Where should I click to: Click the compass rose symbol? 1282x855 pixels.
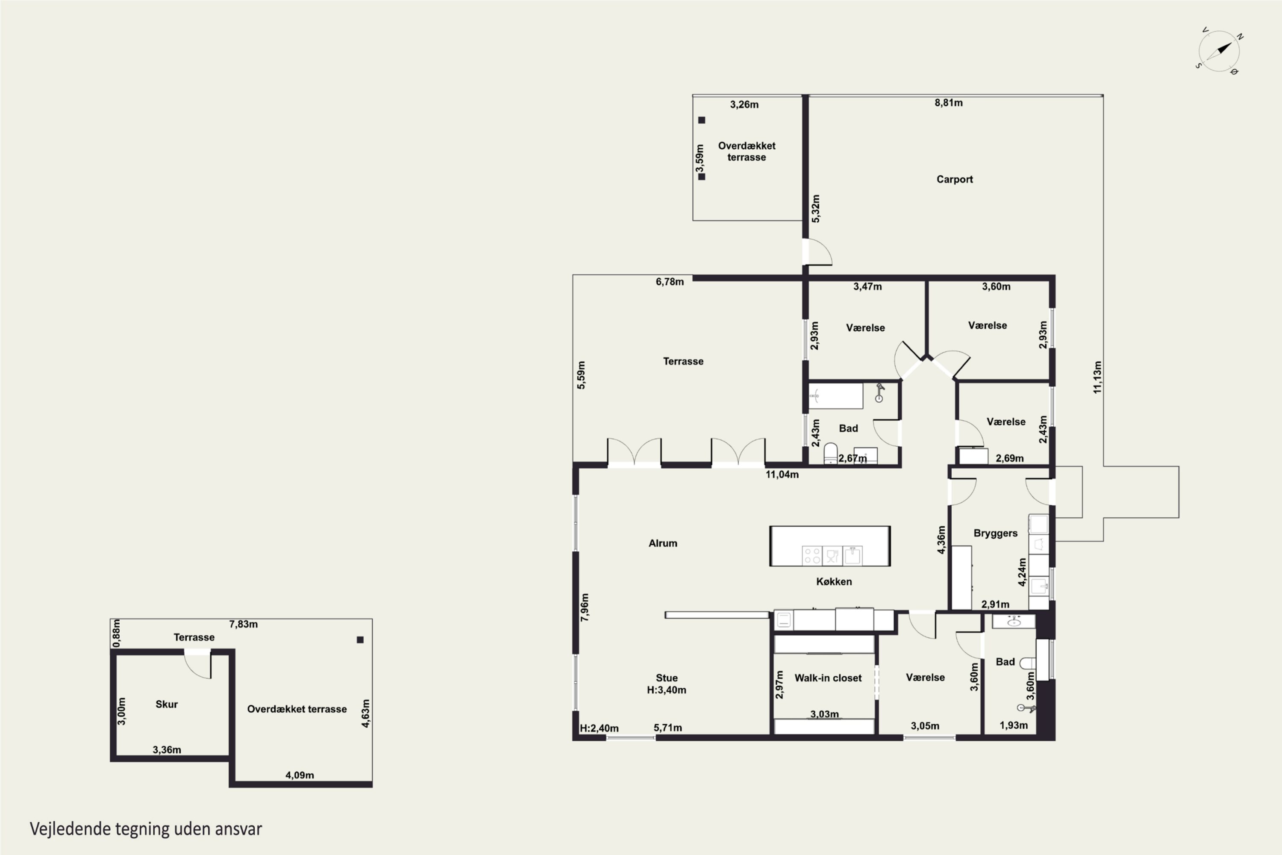[x=1219, y=51]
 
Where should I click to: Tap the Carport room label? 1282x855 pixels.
[x=954, y=180]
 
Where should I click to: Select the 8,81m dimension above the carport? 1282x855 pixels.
[x=948, y=103]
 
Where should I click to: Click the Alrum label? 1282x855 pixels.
[x=663, y=543]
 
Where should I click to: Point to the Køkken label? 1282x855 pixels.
[x=834, y=581]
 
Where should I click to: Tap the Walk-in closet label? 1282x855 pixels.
[x=828, y=678]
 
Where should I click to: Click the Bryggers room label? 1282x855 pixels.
[x=995, y=533]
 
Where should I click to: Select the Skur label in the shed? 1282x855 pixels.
[x=166, y=704]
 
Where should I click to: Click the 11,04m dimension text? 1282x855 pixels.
[x=782, y=475]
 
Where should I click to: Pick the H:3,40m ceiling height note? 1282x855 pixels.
[x=667, y=690]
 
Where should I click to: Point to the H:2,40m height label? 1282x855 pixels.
[x=599, y=728]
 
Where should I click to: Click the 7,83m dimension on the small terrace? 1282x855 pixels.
[x=243, y=624]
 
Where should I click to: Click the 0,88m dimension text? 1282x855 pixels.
[x=116, y=633]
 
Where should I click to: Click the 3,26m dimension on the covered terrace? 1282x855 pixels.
[x=744, y=104]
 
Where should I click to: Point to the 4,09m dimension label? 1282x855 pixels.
[x=300, y=775]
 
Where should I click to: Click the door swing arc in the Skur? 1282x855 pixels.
[x=194, y=669]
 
